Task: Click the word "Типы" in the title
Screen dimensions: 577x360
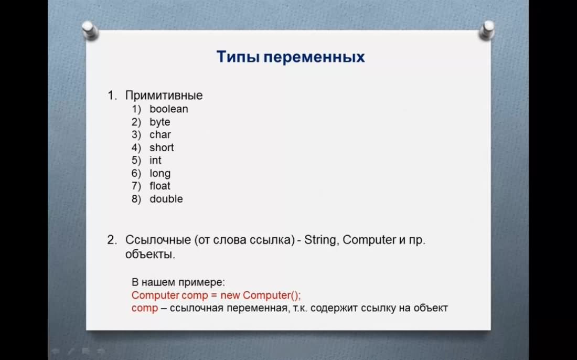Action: pyautogui.click(x=238, y=57)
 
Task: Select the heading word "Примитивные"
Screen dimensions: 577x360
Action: pyautogui.click(x=164, y=96)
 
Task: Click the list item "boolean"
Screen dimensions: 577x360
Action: pyautogui.click(x=169, y=109)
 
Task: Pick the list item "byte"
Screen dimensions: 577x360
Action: pyautogui.click(x=159, y=122)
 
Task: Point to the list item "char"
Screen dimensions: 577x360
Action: pyautogui.click(x=160, y=135)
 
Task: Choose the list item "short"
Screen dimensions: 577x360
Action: pyautogui.click(x=162, y=147)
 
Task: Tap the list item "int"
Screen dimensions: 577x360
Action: pyautogui.click(x=155, y=160)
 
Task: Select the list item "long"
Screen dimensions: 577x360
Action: pyautogui.click(x=160, y=173)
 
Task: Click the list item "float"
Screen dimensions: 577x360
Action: pyautogui.click(x=160, y=186)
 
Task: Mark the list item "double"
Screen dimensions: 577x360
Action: pyautogui.click(x=166, y=199)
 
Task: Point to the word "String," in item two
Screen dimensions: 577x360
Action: pyautogui.click(x=321, y=240)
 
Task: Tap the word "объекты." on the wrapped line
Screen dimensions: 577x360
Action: pyautogui.click(x=150, y=255)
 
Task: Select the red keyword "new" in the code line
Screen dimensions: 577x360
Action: pyautogui.click(x=230, y=295)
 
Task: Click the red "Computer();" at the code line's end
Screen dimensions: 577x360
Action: pyautogui.click(x=272, y=295)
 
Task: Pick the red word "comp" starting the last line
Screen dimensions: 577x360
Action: pyautogui.click(x=145, y=308)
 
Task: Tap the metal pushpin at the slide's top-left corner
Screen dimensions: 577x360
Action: pyautogui.click(x=90, y=30)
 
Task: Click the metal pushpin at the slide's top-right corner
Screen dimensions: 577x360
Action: pyautogui.click(x=486, y=30)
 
